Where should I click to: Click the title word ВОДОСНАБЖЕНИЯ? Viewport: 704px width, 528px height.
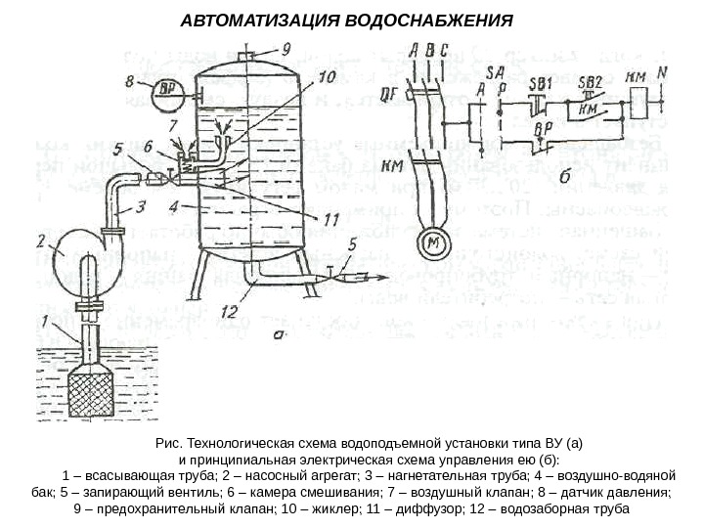(x=431, y=21)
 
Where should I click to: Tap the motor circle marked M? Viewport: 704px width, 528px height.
(x=431, y=241)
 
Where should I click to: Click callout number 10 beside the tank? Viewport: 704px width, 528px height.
(x=326, y=74)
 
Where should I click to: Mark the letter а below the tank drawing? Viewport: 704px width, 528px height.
(x=278, y=333)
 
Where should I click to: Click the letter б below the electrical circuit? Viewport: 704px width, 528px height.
(x=567, y=177)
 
